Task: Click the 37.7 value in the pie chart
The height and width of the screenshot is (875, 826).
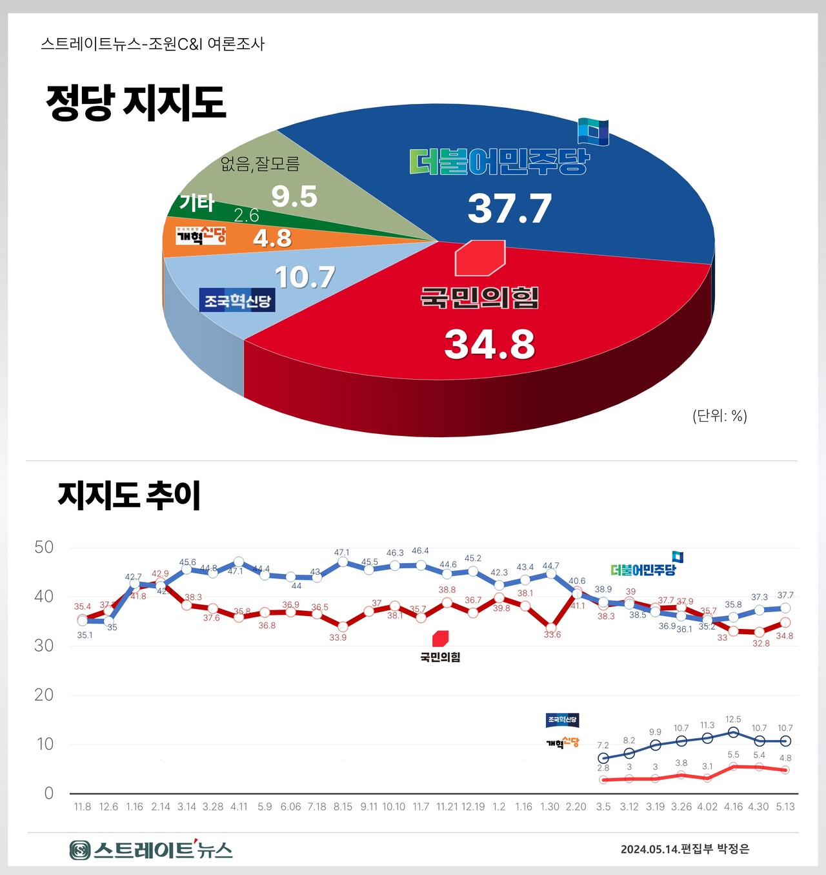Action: (509, 209)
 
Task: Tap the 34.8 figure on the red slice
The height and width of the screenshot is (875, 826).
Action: (489, 344)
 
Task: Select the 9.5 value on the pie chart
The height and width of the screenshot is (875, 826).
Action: (294, 196)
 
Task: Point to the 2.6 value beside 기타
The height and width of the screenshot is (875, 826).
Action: (246, 215)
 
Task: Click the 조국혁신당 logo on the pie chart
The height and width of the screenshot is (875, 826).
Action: (237, 301)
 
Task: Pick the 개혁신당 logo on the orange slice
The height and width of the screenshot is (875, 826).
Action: (201, 235)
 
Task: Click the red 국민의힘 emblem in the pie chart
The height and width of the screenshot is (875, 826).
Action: (479, 258)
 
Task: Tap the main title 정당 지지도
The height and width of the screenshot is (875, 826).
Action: (136, 103)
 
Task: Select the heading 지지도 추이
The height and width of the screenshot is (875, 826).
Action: (129, 496)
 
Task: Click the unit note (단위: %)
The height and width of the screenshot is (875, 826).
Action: (720, 415)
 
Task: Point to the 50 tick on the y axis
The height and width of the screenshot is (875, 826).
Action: (44, 548)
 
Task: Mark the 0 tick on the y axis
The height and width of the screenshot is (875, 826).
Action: (48, 793)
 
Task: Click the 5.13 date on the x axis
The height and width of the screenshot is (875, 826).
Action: (785, 807)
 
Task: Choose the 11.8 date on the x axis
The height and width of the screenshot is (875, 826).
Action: (83, 807)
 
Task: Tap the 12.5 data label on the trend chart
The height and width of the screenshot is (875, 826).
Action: (733, 719)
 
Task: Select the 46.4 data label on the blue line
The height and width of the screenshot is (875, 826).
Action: (420, 551)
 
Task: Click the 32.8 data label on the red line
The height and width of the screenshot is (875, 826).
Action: (761, 643)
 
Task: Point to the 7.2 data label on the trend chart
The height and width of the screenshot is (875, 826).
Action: (603, 745)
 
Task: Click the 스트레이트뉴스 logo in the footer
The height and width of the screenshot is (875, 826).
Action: (151, 849)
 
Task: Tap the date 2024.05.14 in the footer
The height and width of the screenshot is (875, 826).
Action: (650, 849)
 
